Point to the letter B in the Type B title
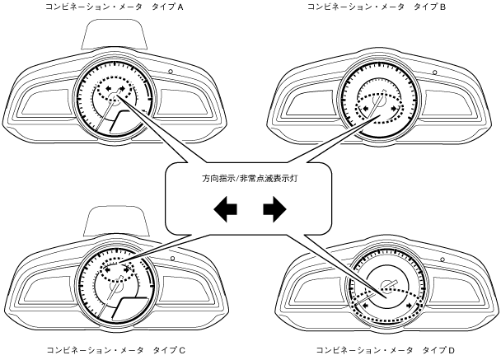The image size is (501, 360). coord(442,7)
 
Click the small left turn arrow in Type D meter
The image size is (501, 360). coord(359,305)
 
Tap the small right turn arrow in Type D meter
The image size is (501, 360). coord(409,305)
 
